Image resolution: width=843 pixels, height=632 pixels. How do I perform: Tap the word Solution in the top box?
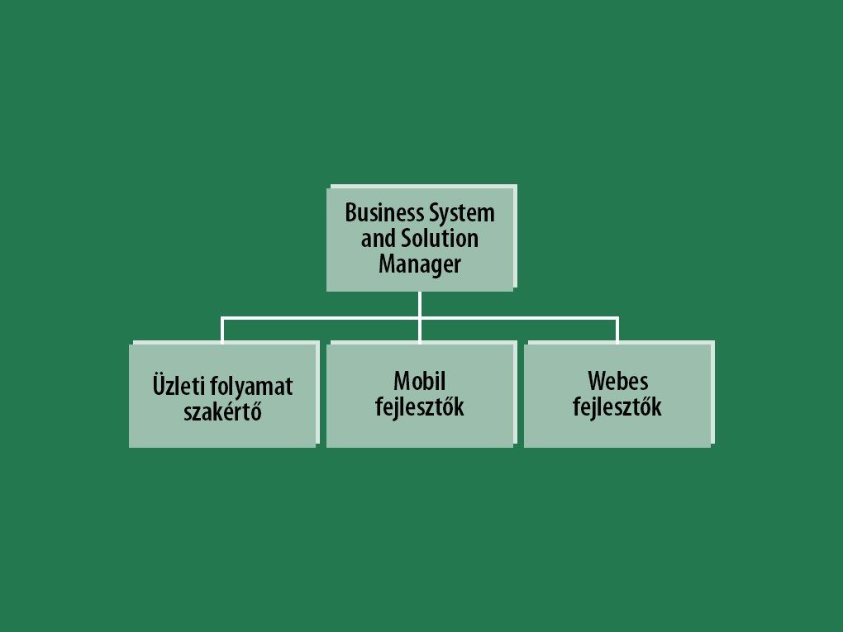click(x=439, y=239)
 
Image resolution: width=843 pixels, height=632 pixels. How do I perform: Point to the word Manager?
click(x=420, y=264)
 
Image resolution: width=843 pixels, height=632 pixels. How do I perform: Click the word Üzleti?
click(x=175, y=386)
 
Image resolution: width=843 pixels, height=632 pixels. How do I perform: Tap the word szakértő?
click(x=222, y=411)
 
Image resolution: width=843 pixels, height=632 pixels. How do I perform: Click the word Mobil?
click(x=420, y=381)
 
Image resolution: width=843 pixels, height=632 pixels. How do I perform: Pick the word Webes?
click(x=617, y=381)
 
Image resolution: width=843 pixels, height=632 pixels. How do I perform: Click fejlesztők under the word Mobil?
click(x=420, y=407)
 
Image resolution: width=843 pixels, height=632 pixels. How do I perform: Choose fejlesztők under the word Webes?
click(x=617, y=407)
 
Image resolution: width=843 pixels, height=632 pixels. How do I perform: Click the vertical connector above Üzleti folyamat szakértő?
click(x=222, y=330)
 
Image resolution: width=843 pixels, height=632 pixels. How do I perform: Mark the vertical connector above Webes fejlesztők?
click(x=617, y=330)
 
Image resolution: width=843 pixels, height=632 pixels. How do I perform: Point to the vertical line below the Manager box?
click(x=420, y=303)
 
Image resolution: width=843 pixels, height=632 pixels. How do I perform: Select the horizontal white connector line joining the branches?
click(x=322, y=317)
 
